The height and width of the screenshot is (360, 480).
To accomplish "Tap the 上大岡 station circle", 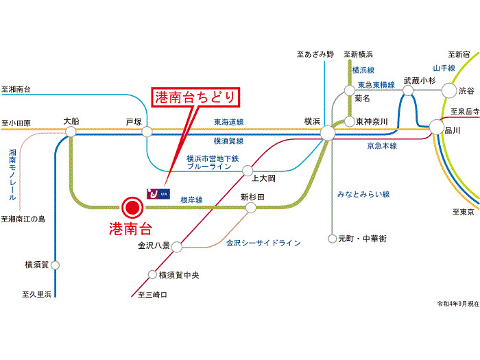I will pos(248,169).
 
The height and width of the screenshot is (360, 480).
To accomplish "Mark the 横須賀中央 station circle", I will pos(152,275).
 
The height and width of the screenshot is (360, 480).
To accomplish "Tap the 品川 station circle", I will pos(436,127).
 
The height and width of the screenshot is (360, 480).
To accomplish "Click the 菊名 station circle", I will pos(350,90).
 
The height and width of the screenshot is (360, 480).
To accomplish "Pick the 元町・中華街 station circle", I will pos(332,239).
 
